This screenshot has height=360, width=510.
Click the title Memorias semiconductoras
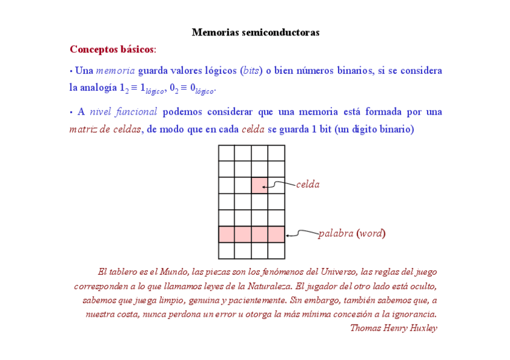(x=255, y=32)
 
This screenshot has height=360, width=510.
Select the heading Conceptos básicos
(x=112, y=49)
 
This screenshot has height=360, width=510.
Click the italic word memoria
(x=115, y=71)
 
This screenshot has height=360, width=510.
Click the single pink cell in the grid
(x=260, y=185)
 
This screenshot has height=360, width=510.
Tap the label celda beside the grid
(x=308, y=185)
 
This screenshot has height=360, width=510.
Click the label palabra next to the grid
(x=336, y=233)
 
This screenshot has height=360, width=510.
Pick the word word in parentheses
(x=371, y=233)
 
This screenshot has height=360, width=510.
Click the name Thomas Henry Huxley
(x=393, y=328)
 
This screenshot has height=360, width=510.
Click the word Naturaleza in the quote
(x=266, y=285)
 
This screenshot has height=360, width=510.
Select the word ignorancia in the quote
(x=411, y=314)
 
